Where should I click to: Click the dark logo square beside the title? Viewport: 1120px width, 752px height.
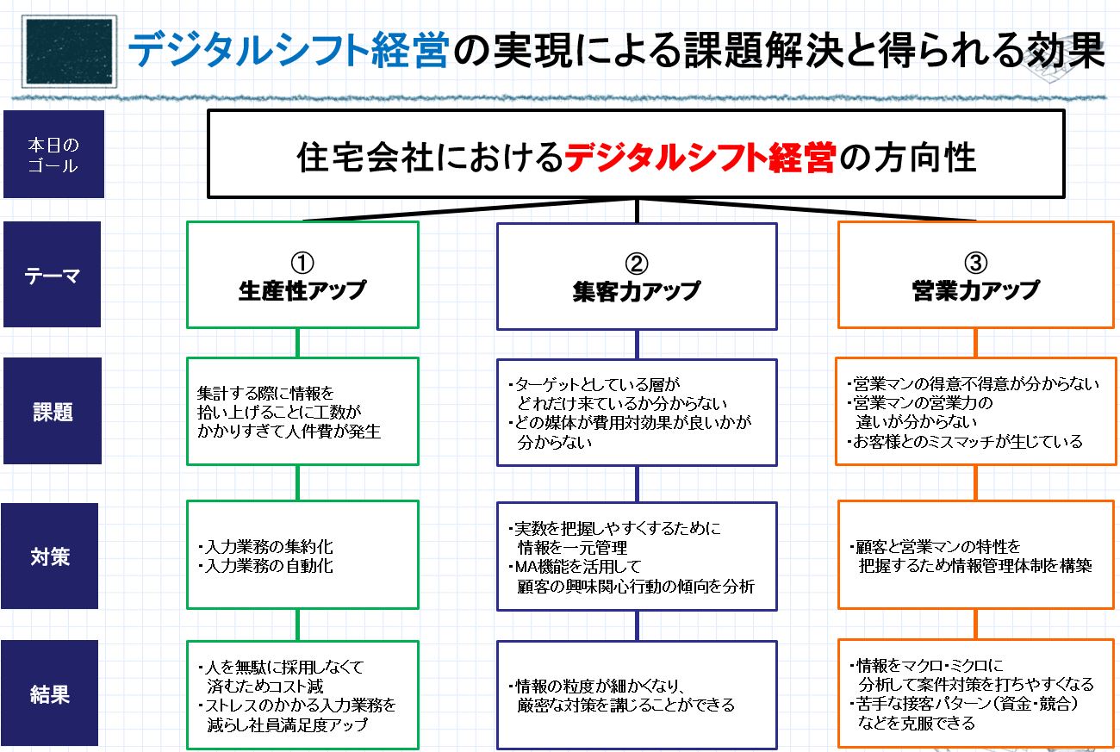[72, 52]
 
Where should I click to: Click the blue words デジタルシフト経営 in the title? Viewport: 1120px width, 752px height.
[289, 52]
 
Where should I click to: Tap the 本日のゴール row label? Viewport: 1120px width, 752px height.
[53, 154]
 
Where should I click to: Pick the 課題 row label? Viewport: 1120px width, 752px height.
[53, 411]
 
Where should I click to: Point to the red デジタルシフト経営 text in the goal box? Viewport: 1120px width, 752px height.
[700, 158]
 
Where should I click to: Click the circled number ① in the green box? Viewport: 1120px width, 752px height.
[302, 263]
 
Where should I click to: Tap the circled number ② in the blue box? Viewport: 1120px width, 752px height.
[637, 263]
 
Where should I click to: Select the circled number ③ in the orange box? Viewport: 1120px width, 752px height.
[976, 263]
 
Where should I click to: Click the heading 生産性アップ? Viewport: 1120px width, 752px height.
[302, 290]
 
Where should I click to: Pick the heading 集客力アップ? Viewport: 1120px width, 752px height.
[637, 291]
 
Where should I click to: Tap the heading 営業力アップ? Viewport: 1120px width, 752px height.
[976, 290]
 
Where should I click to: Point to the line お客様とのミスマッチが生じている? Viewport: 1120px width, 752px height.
[968, 441]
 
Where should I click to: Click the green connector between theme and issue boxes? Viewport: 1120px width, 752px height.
[297, 343]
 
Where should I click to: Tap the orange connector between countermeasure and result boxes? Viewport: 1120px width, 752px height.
[975, 625]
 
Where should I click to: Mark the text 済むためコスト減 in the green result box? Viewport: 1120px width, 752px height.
[265, 687]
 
